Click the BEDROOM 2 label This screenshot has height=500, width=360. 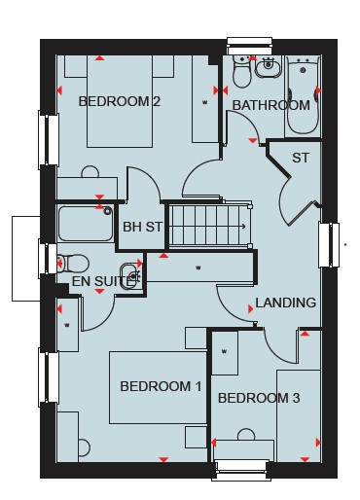pyautogui.click(x=120, y=101)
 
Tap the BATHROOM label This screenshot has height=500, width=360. pyautogui.click(x=271, y=105)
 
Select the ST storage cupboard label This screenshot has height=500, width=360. pyautogui.click(x=301, y=158)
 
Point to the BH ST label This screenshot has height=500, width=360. pyautogui.click(x=142, y=227)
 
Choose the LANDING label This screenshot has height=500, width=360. pyautogui.click(x=285, y=303)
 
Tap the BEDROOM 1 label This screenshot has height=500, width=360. pyautogui.click(x=161, y=386)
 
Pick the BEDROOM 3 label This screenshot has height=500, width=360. pyautogui.click(x=259, y=398)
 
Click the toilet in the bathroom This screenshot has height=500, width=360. pyautogui.click(x=241, y=72)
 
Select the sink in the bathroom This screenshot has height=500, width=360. pyautogui.click(x=268, y=67)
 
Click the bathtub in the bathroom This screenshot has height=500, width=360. pyautogui.click(x=303, y=96)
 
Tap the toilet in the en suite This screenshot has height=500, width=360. pyautogui.click(x=73, y=263)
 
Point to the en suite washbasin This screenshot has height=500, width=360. pyautogui.click(x=131, y=276)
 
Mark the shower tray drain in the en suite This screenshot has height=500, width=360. pyautogui.click(x=107, y=211)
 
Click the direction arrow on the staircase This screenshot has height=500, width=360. pyautogui.click(x=241, y=227)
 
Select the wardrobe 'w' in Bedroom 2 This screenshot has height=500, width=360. pyautogui.click(x=204, y=102)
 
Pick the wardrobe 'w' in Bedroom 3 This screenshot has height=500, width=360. pyautogui.click(x=224, y=351)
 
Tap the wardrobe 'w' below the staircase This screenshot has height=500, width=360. pyautogui.click(x=198, y=268)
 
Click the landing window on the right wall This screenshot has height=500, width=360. pyautogui.click(x=329, y=245)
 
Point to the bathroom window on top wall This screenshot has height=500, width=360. pyautogui.click(x=249, y=46)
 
